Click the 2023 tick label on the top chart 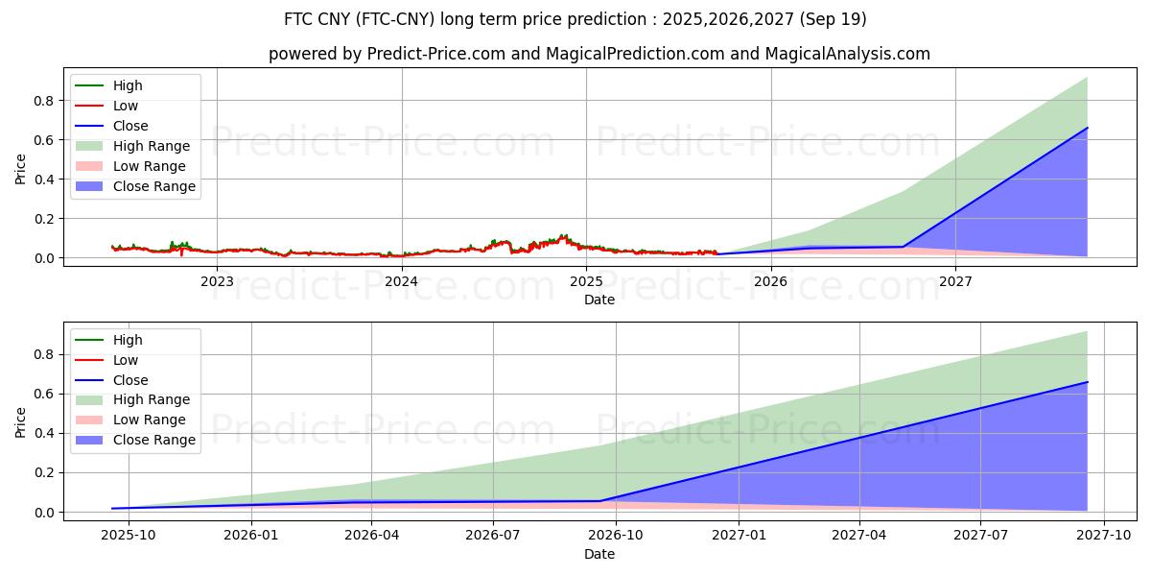[x=217, y=281]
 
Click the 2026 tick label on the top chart [x=770, y=281]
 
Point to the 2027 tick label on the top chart [x=955, y=281]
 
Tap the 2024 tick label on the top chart [x=401, y=281]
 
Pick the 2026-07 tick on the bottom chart [x=492, y=536]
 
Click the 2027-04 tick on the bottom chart [x=858, y=536]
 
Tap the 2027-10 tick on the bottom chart [x=1104, y=536]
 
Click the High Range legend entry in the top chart [x=152, y=146]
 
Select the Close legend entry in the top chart [x=130, y=126]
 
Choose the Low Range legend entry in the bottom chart [x=151, y=420]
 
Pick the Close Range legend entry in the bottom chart [x=154, y=441]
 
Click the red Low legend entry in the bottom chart [x=126, y=360]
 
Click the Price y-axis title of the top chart [x=21, y=169]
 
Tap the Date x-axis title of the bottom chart [x=599, y=554]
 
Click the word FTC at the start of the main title [x=299, y=19]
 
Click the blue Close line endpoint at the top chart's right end [x=1087, y=128]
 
